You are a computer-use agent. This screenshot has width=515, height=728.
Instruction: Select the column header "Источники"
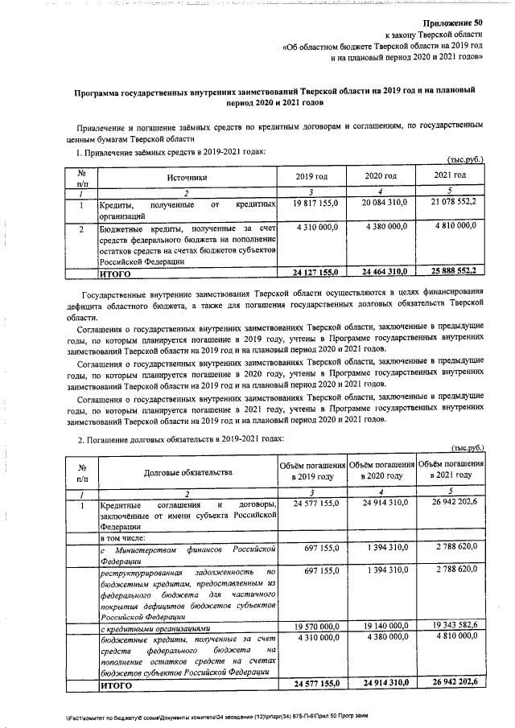pos(188,175)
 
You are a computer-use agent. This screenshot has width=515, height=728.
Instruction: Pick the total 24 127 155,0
pos(311,273)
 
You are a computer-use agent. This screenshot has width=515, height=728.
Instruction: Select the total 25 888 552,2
pos(449,273)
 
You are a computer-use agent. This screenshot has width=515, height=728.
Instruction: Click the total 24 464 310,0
pos(381,273)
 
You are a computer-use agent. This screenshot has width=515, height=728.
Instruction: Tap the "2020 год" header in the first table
pos(381,175)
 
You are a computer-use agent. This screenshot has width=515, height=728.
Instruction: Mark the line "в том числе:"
pos(122,537)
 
